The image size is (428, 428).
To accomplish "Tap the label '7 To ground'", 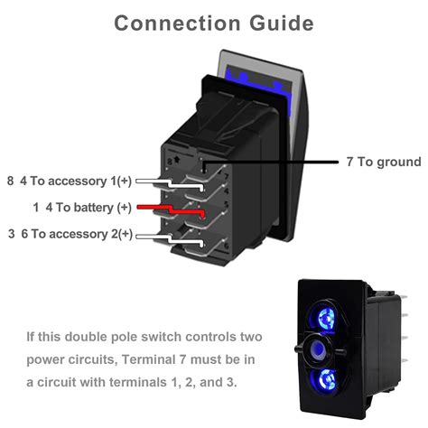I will (383, 163).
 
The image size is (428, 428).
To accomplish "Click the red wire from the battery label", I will (167, 209).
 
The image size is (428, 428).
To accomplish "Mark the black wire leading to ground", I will (271, 163).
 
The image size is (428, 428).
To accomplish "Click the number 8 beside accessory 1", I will (10, 181).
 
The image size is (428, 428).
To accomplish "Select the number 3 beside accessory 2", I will (10, 234).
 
